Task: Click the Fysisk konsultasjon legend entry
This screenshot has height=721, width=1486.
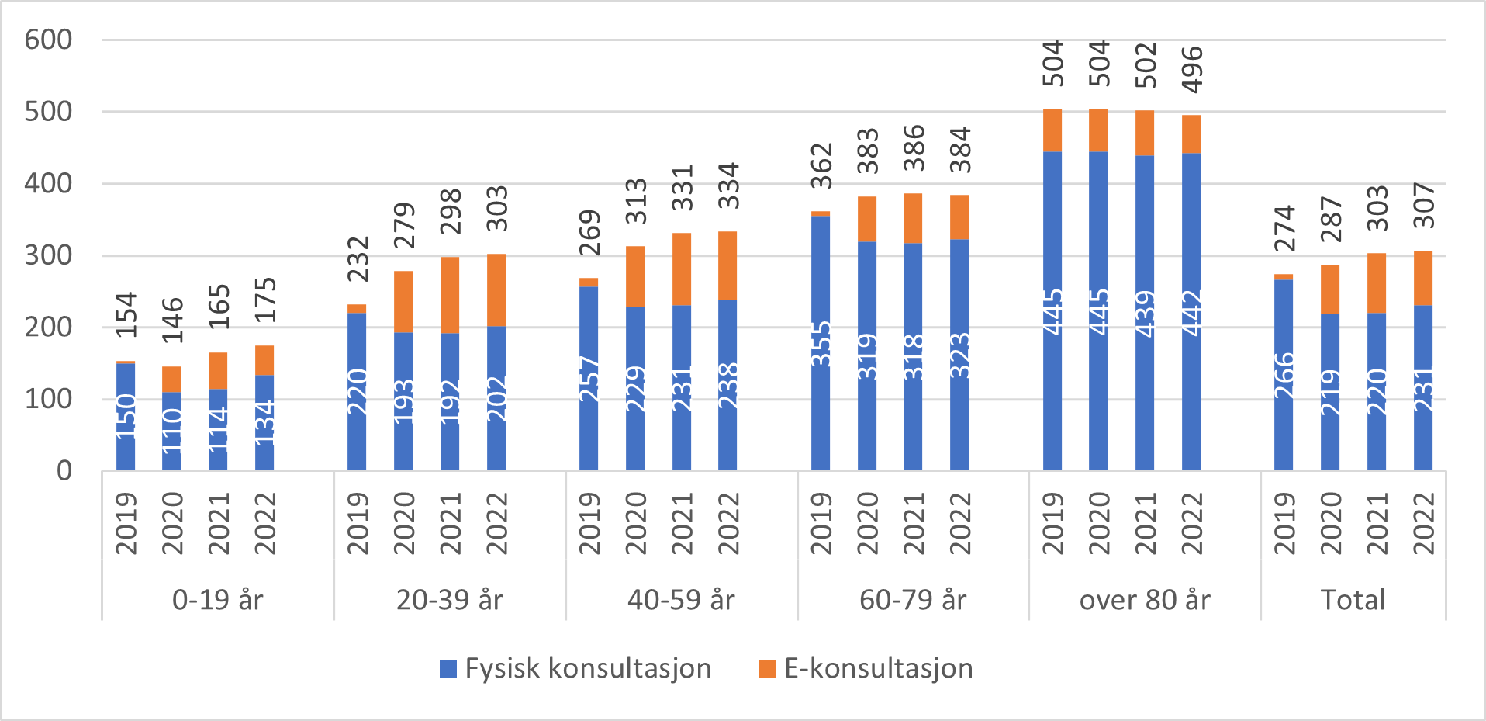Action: (575, 668)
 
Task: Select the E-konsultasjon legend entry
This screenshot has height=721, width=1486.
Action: (866, 668)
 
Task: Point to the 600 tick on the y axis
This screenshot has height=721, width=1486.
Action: (48, 40)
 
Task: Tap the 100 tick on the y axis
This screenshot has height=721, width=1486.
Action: (48, 399)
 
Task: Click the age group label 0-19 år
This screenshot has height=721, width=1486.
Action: (217, 600)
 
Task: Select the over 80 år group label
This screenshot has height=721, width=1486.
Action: (1144, 600)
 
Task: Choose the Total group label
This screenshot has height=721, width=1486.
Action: (1353, 600)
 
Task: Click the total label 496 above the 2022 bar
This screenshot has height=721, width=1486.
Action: (1192, 69)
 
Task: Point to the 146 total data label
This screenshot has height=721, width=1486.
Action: (172, 320)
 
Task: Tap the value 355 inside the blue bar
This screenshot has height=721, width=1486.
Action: (821, 344)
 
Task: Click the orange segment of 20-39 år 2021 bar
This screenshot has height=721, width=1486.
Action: (450, 295)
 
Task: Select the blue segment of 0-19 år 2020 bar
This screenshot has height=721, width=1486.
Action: (171, 431)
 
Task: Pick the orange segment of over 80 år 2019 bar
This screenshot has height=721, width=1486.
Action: (1052, 130)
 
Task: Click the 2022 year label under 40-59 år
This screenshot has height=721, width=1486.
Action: (728, 523)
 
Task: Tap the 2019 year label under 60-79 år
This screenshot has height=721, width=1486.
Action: (821, 523)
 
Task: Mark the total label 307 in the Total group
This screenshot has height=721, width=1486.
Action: (1424, 205)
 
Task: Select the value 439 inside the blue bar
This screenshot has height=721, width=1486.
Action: (1145, 313)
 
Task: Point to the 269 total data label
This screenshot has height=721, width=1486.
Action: (589, 233)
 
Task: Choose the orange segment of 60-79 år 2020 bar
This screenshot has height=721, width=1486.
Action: (867, 219)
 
